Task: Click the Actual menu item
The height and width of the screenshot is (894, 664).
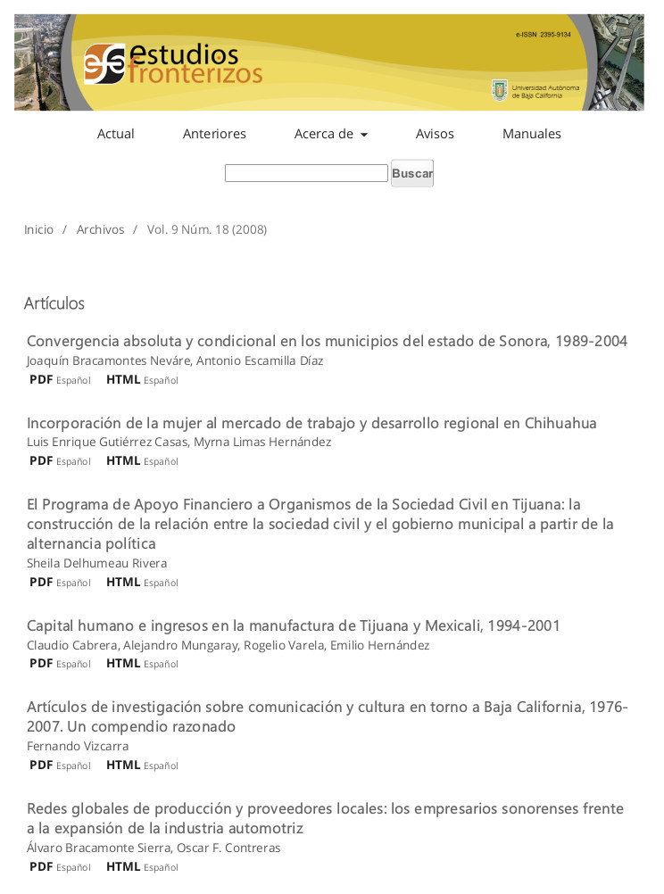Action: (x=115, y=134)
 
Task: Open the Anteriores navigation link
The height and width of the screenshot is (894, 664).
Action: (x=214, y=134)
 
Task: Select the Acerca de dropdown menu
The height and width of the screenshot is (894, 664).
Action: (x=330, y=134)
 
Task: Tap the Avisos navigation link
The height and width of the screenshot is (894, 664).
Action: (x=435, y=134)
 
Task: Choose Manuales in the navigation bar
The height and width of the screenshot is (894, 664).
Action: (x=531, y=134)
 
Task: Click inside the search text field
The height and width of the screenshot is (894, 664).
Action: (x=305, y=173)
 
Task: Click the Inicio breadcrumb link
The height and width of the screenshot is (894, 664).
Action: (x=38, y=229)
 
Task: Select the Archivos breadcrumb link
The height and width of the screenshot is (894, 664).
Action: (x=100, y=229)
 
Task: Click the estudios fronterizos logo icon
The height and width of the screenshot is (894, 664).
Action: (x=104, y=63)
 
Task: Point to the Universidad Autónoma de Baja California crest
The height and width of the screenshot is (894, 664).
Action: (x=500, y=90)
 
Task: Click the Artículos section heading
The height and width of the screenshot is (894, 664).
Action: (x=54, y=303)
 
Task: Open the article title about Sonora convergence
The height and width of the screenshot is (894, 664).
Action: (x=327, y=341)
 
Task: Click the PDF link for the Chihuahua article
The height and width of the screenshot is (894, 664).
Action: (x=41, y=460)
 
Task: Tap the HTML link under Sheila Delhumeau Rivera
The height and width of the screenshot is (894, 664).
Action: (x=123, y=582)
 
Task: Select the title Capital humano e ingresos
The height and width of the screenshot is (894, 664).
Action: (x=293, y=625)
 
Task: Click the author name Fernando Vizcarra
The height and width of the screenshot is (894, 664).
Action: (x=78, y=746)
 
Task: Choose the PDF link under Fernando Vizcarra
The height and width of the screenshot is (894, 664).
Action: (x=41, y=765)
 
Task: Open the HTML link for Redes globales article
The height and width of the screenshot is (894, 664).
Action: (x=123, y=866)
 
